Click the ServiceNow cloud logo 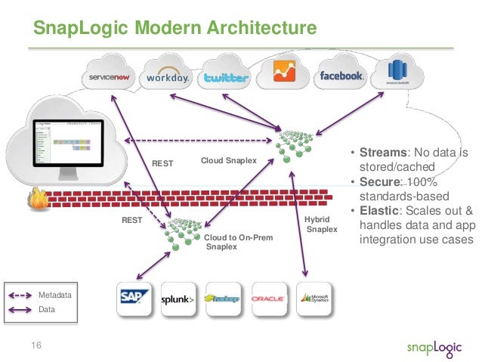pos(112,77)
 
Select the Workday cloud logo pos(168,77)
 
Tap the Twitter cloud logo pos(225,78)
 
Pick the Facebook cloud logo pos(341,76)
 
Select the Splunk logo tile pos(178,299)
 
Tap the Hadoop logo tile pos(223,299)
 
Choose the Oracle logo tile pos(268,299)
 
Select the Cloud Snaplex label pos(229,161)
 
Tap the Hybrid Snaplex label pos(320,223)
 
